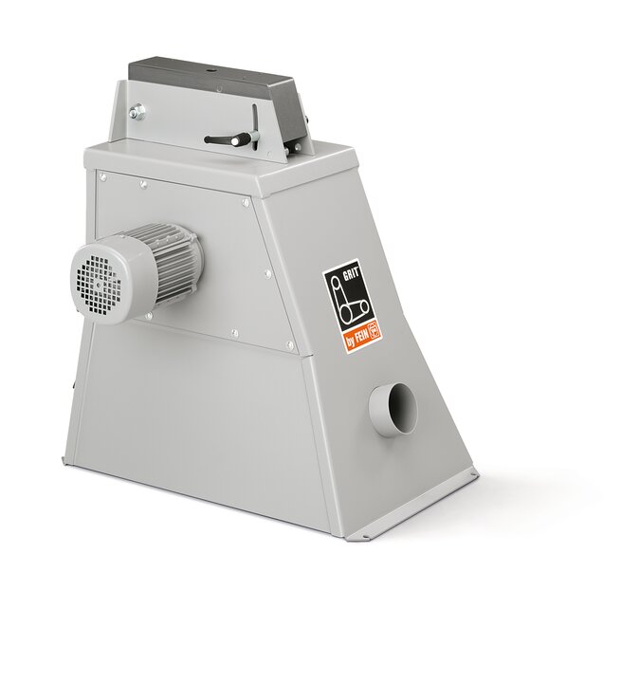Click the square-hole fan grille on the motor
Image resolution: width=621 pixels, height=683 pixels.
98,280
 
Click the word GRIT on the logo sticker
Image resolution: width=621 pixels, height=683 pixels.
352,275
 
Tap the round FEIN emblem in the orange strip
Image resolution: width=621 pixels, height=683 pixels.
374,332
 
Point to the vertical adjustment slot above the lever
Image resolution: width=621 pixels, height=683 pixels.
254,119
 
